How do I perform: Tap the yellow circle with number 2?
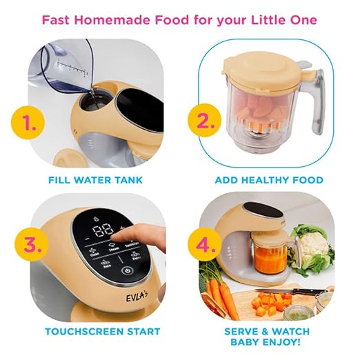pos(202,121)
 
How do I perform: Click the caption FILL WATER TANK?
pos(96,180)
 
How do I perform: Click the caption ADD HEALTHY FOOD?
pos(269,180)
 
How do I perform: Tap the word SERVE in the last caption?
pos(242,331)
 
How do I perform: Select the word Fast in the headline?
pos(59,19)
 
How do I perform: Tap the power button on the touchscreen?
pos(127,270)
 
